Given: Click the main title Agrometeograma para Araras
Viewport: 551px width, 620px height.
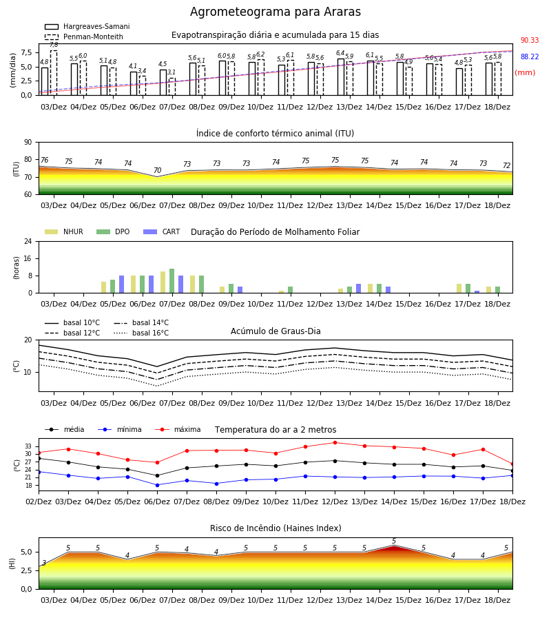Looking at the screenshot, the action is pos(275,12).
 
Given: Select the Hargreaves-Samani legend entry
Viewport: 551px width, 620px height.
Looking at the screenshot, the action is pos(87,26).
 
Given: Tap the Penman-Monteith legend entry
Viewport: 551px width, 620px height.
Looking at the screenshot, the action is pos(84,37).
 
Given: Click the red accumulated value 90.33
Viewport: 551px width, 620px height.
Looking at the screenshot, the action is pos(530,41).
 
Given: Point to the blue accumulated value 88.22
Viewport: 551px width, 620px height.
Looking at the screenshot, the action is pos(530,57).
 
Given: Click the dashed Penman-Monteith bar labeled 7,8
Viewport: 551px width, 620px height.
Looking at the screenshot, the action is pos(54,73).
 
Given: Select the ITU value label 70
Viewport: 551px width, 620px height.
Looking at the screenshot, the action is pos(157,170).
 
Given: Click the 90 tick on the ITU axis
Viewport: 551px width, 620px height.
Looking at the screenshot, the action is pos(28,143).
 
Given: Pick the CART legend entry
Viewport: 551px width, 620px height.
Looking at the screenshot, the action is pos(162,231).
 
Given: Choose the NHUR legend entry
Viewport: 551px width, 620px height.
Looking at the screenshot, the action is pos(64,231).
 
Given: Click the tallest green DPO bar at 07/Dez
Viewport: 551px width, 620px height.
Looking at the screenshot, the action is pos(172,281).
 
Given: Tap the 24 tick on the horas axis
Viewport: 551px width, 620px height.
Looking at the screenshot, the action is pos(28,241).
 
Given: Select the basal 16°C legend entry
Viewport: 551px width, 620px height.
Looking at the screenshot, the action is pos(141,333).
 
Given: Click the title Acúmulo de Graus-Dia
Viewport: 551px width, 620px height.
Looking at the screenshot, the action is pos(275,331).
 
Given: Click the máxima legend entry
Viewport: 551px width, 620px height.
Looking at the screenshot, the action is pos(178,429).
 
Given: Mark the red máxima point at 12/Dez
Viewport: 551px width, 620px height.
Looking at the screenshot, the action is pos(335,443).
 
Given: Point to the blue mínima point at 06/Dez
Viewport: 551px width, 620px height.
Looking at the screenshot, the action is pos(157,485).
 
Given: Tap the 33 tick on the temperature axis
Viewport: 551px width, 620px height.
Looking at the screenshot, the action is pos(28,446).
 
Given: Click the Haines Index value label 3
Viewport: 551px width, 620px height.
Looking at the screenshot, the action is pos(44,563).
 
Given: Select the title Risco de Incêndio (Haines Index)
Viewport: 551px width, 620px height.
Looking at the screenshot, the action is pos(275,528).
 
